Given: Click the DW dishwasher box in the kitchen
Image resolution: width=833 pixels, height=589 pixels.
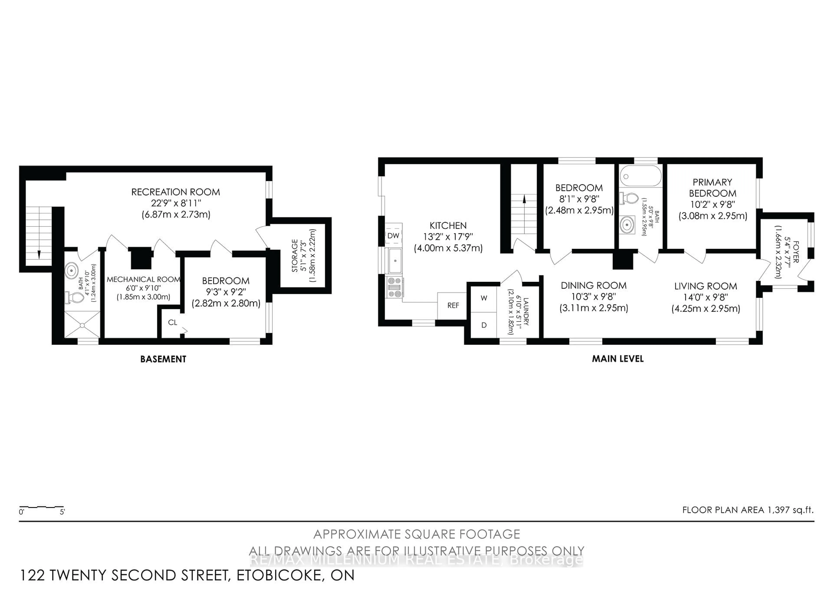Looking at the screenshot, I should click(x=393, y=235).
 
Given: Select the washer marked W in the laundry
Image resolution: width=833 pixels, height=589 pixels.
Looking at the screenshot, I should click(x=484, y=298).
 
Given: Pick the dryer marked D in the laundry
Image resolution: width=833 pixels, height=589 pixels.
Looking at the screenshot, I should click(x=484, y=325).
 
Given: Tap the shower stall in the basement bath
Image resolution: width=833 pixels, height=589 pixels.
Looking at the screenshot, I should click(x=82, y=325).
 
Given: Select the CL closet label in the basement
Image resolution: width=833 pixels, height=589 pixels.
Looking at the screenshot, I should click(x=172, y=322).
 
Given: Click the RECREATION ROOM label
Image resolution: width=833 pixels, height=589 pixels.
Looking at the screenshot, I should click(x=175, y=192).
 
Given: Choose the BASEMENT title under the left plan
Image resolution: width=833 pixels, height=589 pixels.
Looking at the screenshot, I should click(x=163, y=359).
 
